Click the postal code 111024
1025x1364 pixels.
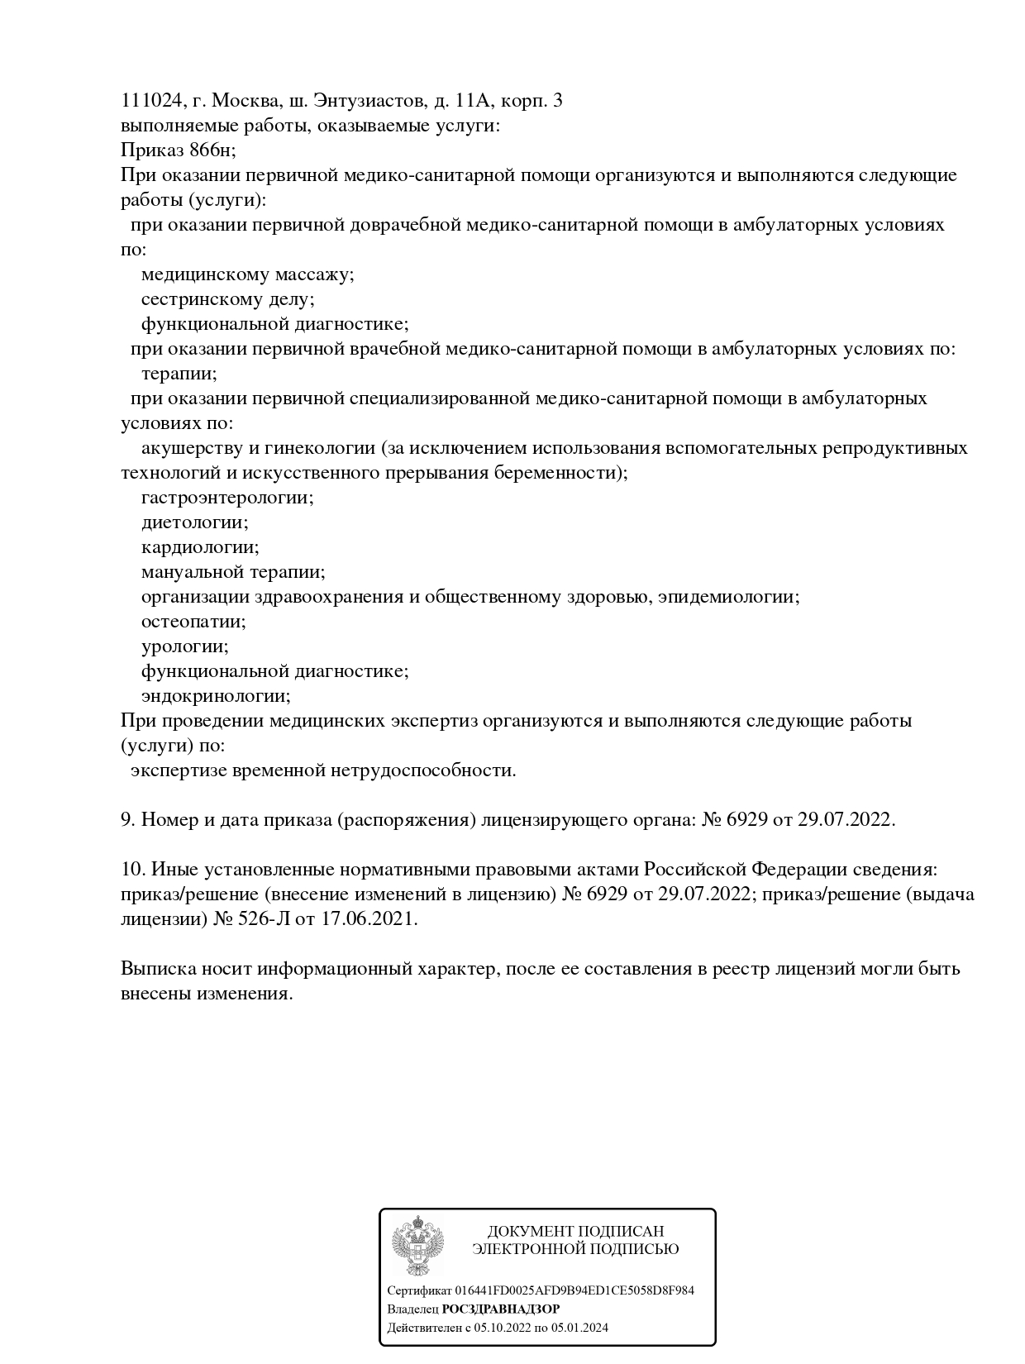click(150, 101)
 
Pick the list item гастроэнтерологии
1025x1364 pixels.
click(227, 498)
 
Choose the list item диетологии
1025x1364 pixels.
click(194, 522)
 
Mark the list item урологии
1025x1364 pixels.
click(184, 646)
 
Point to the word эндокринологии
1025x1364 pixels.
click(216, 696)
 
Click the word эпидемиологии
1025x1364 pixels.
click(728, 597)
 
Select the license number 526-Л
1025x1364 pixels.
click(258, 919)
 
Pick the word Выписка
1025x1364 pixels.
click(155, 969)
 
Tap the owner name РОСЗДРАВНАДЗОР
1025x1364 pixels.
click(501, 1309)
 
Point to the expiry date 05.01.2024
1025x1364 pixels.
click(579, 1328)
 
